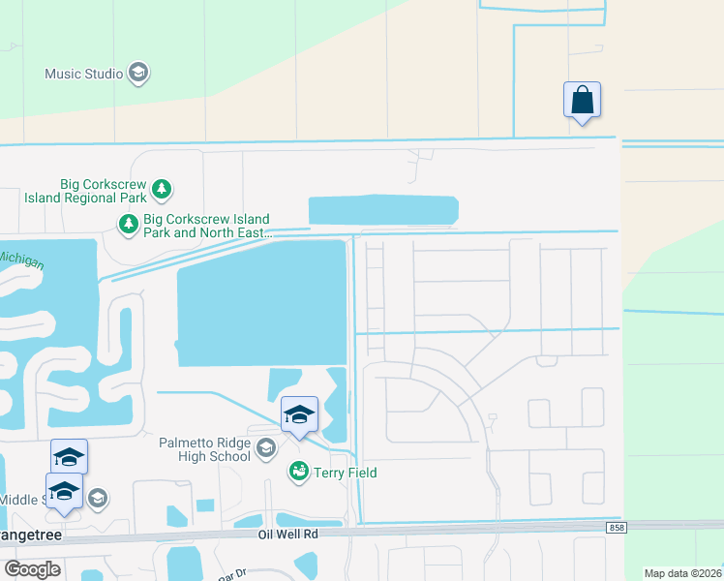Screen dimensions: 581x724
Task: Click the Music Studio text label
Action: (x=83, y=74)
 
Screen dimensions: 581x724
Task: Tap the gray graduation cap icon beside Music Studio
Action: (x=138, y=74)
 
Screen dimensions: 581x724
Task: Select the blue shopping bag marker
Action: (x=582, y=101)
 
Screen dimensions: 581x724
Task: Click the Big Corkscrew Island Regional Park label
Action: (x=84, y=191)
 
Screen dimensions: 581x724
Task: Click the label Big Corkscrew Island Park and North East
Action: (x=206, y=226)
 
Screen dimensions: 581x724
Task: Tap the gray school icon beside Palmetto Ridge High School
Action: (x=266, y=449)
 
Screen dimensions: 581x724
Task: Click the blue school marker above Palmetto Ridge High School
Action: (x=300, y=415)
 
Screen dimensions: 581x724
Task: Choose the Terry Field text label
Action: (x=345, y=473)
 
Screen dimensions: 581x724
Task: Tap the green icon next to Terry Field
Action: (x=299, y=472)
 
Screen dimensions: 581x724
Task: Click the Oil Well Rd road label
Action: (x=287, y=534)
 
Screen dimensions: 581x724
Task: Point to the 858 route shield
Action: (x=617, y=528)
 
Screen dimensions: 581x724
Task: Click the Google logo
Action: (x=32, y=569)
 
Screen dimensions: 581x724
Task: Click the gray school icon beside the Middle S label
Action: (x=97, y=499)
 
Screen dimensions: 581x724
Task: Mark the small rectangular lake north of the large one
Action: (x=382, y=210)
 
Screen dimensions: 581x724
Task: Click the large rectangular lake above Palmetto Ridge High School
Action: (x=261, y=303)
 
